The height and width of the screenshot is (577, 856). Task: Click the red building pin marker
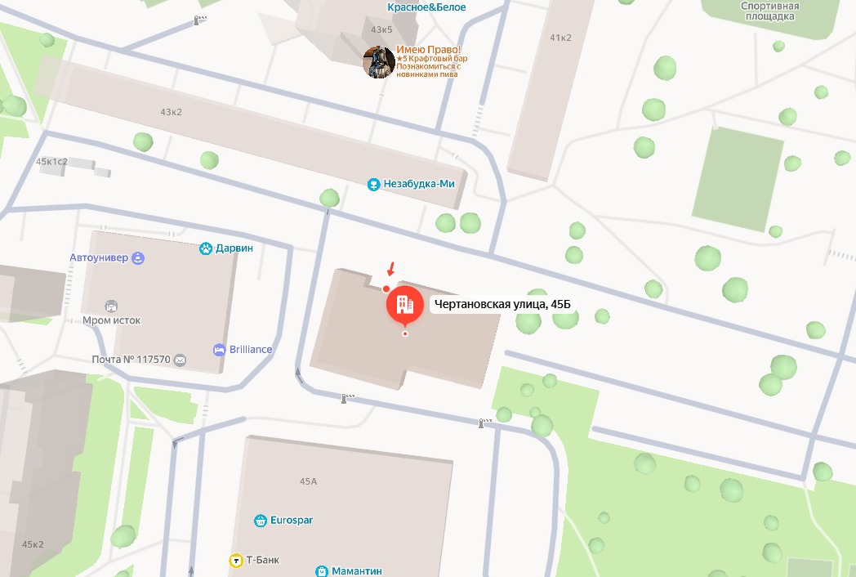403,305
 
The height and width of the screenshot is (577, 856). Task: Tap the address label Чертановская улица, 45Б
502,305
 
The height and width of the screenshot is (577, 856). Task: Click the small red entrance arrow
391,268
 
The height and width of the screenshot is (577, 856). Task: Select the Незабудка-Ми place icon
374,184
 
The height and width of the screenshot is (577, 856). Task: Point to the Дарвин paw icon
206,248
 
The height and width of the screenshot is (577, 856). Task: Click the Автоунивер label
99,258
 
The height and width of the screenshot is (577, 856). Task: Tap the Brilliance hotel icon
219,350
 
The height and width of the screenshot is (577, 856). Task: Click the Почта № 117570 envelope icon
180,360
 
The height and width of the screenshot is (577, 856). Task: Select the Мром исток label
112,320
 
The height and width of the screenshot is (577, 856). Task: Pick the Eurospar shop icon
261,520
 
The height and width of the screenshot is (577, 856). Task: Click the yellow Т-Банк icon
234,561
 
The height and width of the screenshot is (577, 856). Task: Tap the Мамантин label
357,570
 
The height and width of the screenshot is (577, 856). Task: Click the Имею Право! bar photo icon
379,62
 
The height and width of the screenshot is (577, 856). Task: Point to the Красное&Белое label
427,7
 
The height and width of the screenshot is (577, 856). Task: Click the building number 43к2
171,112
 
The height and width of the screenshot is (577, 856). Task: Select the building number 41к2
560,38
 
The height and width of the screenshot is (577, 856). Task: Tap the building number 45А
308,481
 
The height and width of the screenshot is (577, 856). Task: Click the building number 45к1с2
51,162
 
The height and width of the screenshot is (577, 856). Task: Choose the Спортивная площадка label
769,11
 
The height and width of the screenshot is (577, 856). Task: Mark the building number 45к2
33,544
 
